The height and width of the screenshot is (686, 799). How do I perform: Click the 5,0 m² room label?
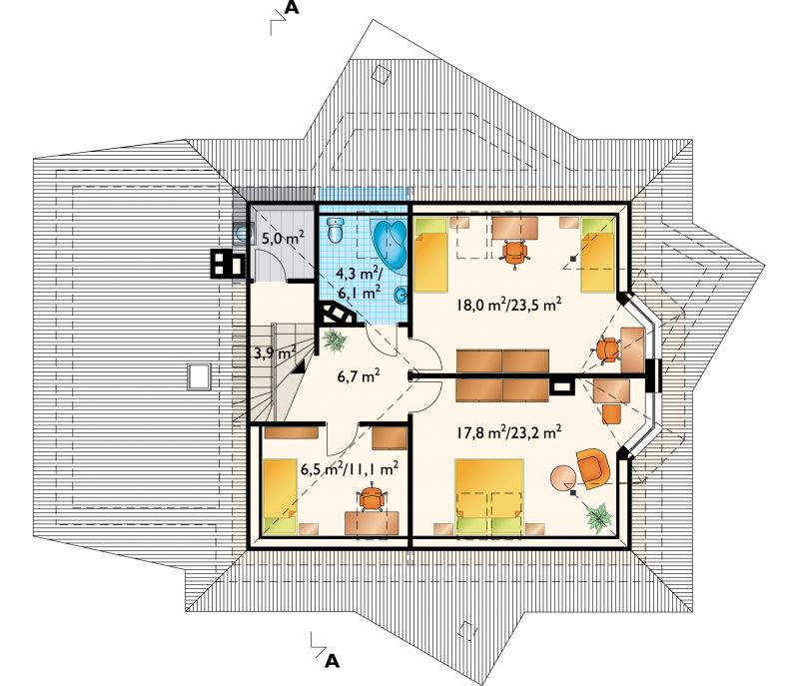[x=283, y=238]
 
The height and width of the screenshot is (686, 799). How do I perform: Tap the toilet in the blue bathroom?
[x=336, y=230]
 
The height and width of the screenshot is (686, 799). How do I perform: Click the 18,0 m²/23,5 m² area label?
[x=509, y=305]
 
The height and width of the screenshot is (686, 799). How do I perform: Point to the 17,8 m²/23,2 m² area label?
[x=509, y=432]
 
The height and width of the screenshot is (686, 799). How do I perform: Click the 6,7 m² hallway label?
[x=359, y=376]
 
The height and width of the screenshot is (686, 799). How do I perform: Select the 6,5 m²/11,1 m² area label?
[x=349, y=468]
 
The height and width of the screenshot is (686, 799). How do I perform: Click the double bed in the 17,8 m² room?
[x=489, y=496]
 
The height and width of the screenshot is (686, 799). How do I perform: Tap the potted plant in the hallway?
[x=335, y=340]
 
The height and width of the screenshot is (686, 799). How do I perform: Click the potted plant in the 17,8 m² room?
[x=599, y=517]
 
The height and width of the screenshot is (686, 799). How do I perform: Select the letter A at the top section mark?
[x=292, y=7]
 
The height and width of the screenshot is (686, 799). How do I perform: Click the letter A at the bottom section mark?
[x=332, y=661]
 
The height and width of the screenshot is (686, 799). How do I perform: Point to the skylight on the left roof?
[x=199, y=375]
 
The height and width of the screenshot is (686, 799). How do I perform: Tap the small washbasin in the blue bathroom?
[x=401, y=294]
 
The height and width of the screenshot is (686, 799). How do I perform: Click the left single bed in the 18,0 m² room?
[x=431, y=255]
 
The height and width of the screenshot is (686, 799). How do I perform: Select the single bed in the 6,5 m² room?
[x=280, y=495]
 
